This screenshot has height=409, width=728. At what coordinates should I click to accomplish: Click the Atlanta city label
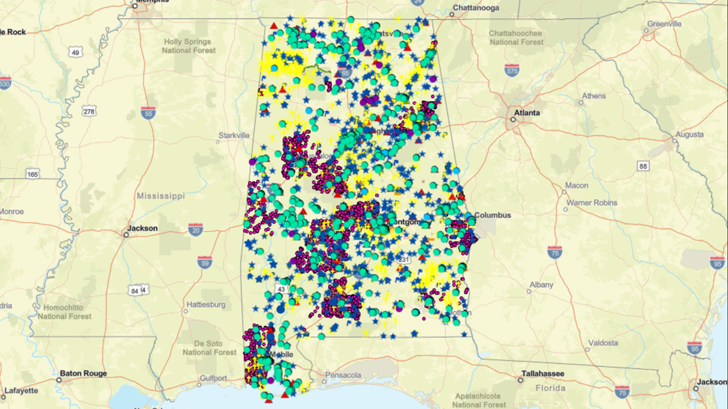click(x=527, y=113)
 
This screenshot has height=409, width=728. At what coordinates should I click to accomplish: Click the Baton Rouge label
click(x=83, y=373)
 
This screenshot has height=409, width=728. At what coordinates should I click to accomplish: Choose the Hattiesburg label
click(x=205, y=305)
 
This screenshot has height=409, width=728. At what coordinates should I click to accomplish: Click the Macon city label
click(x=577, y=186)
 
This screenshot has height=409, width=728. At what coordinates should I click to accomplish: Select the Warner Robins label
click(x=592, y=203)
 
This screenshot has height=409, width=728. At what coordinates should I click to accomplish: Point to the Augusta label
click(x=690, y=135)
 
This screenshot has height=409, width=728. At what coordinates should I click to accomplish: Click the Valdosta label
click(x=603, y=343)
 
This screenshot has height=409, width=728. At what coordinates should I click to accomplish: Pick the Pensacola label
click(x=343, y=375)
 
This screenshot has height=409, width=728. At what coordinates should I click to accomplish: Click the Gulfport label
click(x=213, y=378)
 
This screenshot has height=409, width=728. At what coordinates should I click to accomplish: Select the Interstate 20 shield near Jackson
click(x=195, y=230)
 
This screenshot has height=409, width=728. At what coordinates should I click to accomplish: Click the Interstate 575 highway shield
click(x=512, y=70)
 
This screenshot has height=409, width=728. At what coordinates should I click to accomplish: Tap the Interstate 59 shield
click(x=204, y=262)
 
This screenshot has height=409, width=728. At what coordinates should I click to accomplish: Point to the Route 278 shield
click(x=89, y=112)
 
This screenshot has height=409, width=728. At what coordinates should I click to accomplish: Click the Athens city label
click(x=594, y=96)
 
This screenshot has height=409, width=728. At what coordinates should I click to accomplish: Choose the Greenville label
click(x=664, y=24)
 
